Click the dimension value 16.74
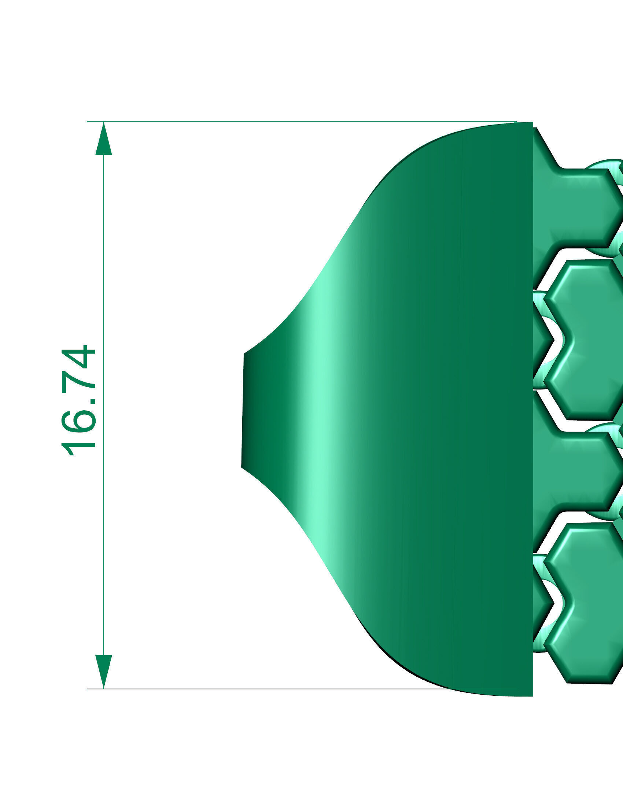[x=78, y=401]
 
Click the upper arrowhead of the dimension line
[x=104, y=140]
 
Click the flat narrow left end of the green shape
[x=243, y=410]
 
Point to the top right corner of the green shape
[x=532, y=123]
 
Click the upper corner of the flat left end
[x=244, y=354]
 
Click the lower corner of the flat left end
[x=242, y=467]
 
